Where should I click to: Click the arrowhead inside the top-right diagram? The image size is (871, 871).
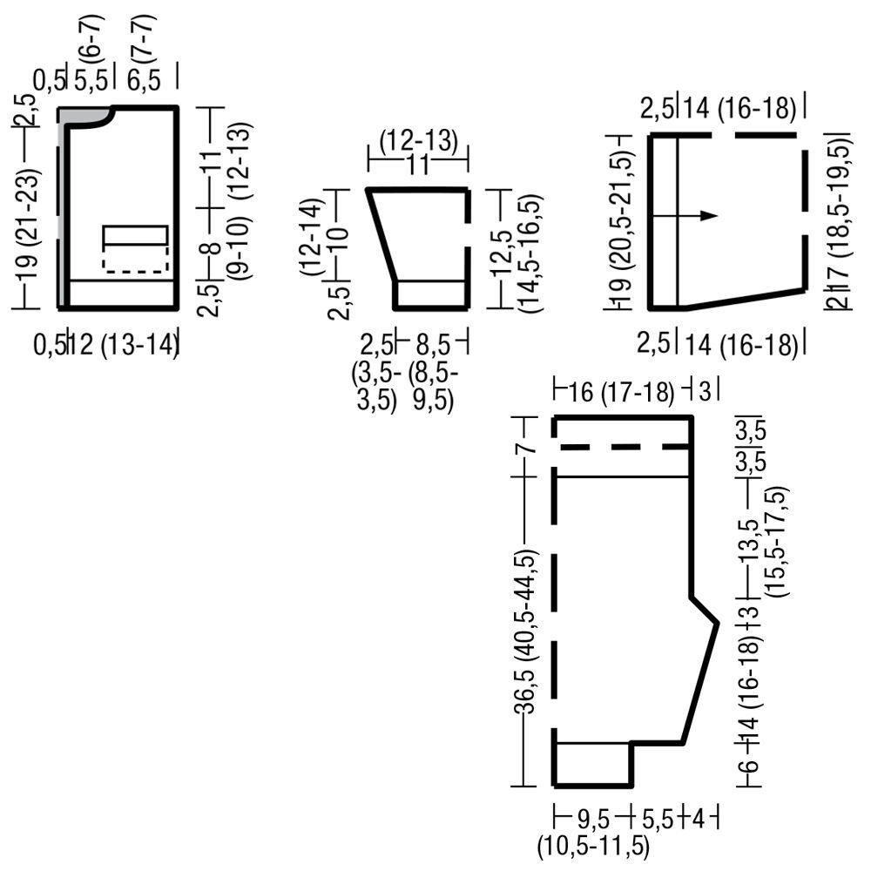[x=709, y=215]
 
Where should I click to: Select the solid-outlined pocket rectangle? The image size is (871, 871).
[x=136, y=235]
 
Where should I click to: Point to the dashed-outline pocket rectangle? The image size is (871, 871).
[x=136, y=259]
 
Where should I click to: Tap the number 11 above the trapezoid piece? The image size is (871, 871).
[x=418, y=165]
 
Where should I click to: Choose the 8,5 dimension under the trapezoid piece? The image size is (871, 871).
[x=432, y=345]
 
